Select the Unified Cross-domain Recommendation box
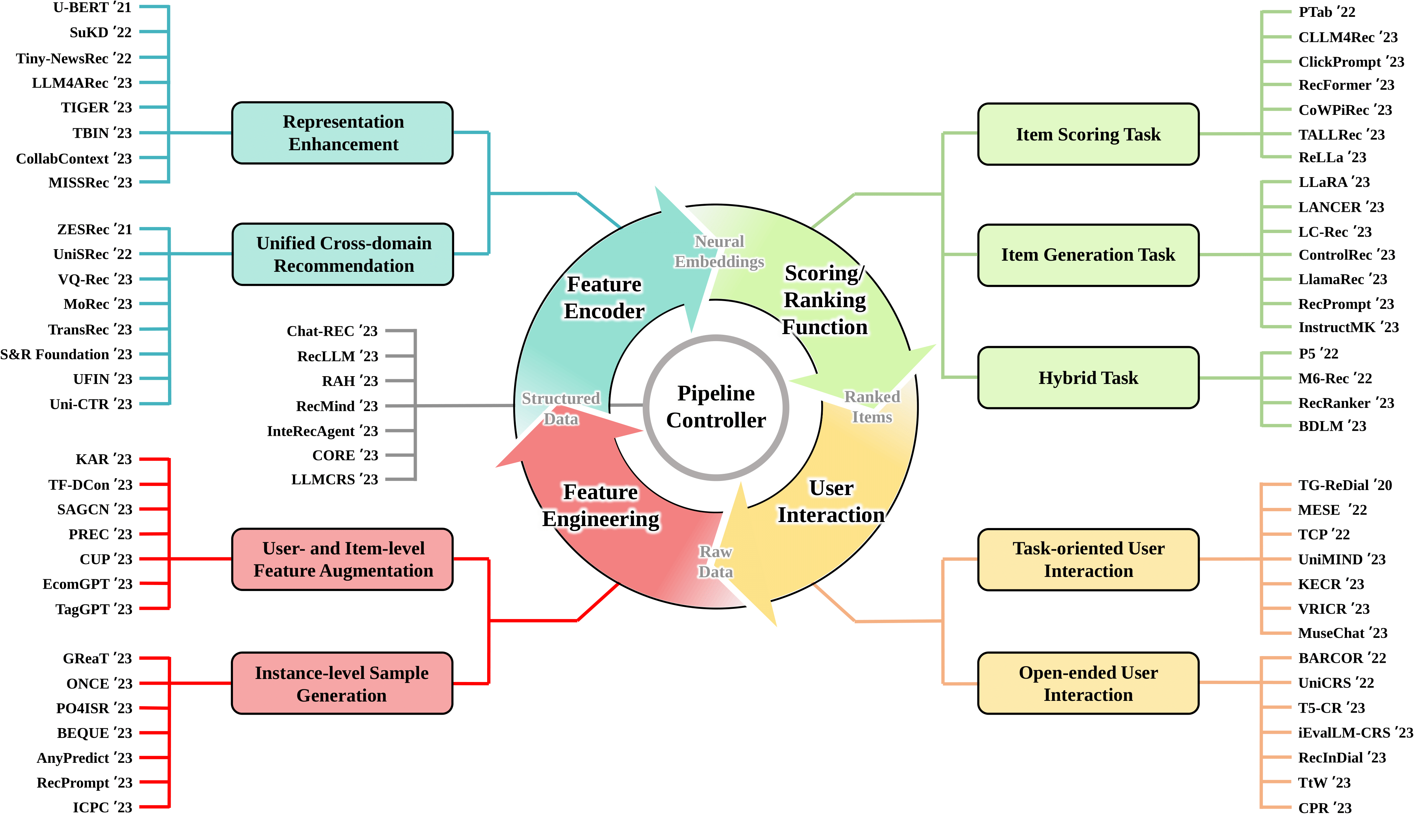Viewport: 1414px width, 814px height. (343, 254)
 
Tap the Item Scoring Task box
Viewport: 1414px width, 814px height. (1088, 134)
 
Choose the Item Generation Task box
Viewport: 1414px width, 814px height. (1088, 255)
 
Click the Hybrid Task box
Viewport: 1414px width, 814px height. (1088, 378)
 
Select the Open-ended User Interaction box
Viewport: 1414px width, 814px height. (1088, 683)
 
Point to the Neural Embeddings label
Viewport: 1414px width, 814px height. (719, 252)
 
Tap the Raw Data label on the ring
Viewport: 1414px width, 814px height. (715, 562)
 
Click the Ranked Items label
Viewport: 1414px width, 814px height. (872, 407)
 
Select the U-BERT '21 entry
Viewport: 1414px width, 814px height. (92, 8)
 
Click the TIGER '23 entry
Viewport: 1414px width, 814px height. (96, 107)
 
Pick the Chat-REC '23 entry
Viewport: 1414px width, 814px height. (332, 331)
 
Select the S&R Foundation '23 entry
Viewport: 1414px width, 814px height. (66, 354)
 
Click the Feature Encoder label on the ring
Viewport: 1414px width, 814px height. (604, 297)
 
